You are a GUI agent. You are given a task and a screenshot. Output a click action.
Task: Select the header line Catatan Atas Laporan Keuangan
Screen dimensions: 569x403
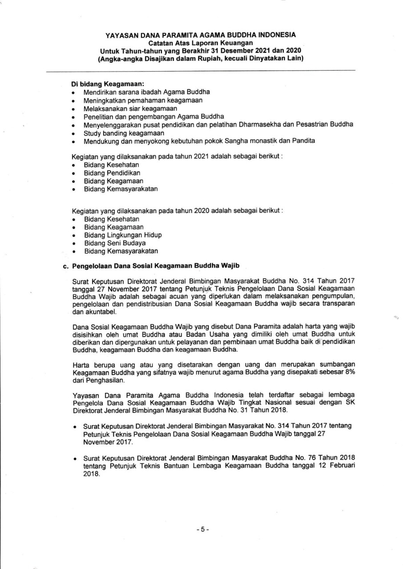(201, 42)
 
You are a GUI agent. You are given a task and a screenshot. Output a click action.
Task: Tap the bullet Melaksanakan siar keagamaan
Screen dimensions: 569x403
(130, 108)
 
